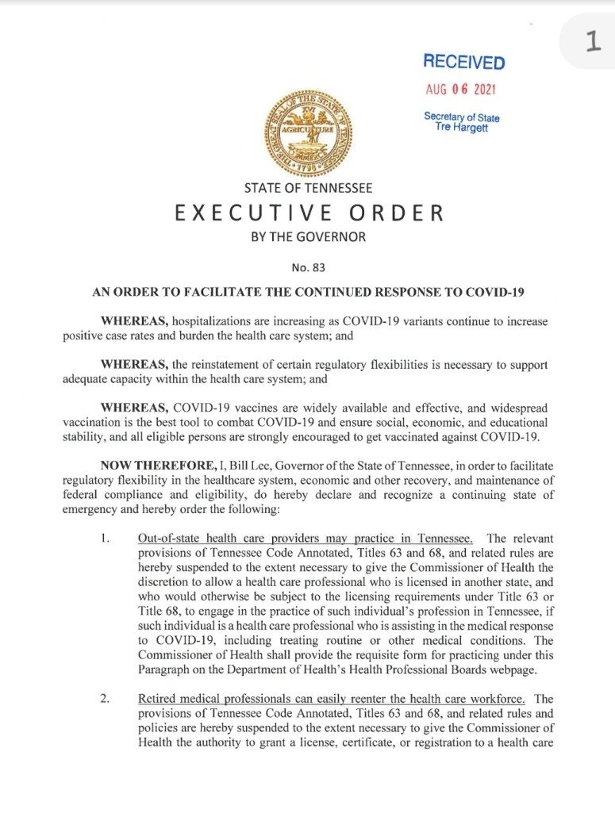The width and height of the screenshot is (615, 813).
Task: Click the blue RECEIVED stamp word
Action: click(463, 62)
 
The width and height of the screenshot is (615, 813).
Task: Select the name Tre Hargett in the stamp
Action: click(461, 128)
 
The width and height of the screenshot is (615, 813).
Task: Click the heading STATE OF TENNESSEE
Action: click(308, 189)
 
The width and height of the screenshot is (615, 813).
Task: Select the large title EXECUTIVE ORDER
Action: click(308, 213)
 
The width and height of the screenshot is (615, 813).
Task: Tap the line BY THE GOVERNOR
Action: click(308, 237)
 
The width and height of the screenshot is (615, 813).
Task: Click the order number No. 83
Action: click(308, 267)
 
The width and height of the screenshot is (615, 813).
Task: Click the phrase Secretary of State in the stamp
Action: click(461, 117)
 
